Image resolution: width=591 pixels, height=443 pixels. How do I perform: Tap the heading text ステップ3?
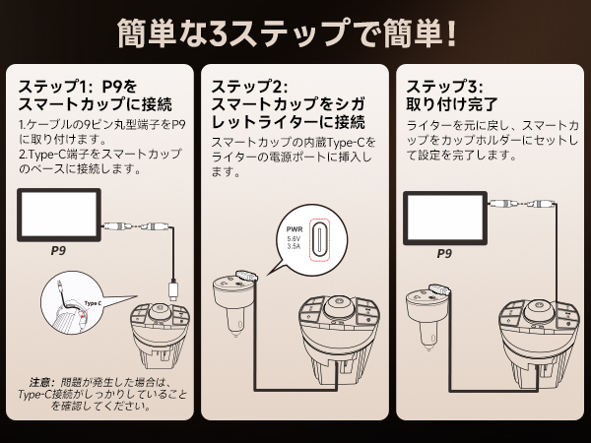point(443,86)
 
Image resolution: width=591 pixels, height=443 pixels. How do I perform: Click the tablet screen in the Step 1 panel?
point(59,215)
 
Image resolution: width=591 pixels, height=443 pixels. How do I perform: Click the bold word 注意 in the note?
point(40,381)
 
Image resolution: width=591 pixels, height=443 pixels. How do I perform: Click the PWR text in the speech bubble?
point(294,228)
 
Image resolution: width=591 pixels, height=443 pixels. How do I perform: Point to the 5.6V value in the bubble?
point(294,238)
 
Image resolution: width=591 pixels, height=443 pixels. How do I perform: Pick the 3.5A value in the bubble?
point(294,247)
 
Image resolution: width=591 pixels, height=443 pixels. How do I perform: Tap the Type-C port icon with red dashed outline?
point(322,238)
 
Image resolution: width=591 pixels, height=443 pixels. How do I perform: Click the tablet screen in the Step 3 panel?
point(444,215)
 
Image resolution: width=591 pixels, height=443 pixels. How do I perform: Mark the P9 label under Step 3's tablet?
point(444,252)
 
